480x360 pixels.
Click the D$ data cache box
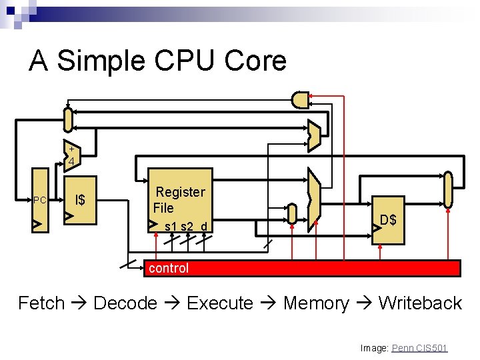pos(388,220)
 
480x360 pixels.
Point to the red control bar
pos(303,268)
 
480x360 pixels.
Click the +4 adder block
pos(72,155)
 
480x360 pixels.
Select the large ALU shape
pos(314,199)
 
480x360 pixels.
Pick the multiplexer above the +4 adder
pos(67,120)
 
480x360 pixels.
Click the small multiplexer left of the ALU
pos(292,213)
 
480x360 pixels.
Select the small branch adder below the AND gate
pos(314,135)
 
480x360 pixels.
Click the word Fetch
pos(41,303)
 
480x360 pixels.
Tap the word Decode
pos(126,303)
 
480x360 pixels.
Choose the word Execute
pos(220,303)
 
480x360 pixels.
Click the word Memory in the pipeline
pos(316,303)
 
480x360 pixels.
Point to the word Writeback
pos(420,303)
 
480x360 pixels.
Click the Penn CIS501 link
pos(419,348)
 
